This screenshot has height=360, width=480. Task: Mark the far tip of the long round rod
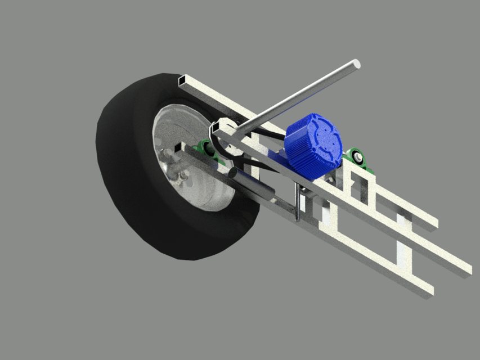pos(355,64)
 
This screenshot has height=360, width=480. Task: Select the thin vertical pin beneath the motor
pos(297,202)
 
